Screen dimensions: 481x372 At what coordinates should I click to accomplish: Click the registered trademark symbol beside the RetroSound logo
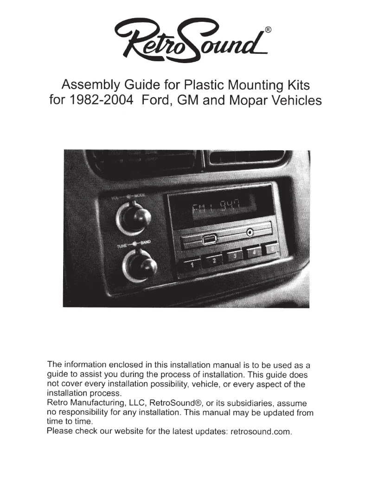[268, 30]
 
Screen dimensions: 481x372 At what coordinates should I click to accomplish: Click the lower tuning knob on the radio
[140, 266]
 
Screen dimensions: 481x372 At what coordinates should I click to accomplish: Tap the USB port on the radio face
[209, 240]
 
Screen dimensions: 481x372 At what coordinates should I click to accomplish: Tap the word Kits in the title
[296, 85]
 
